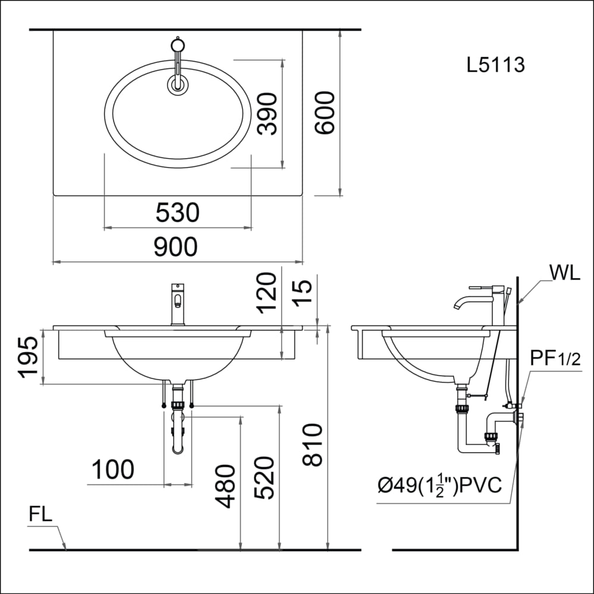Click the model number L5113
click(496, 64)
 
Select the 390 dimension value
click(268, 113)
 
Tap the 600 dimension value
click(325, 113)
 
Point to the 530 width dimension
click(177, 213)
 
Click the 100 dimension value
click(113, 470)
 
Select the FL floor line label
click(41, 515)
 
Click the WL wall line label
click(565, 273)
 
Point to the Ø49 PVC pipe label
click(440, 485)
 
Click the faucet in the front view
click(178, 303)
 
